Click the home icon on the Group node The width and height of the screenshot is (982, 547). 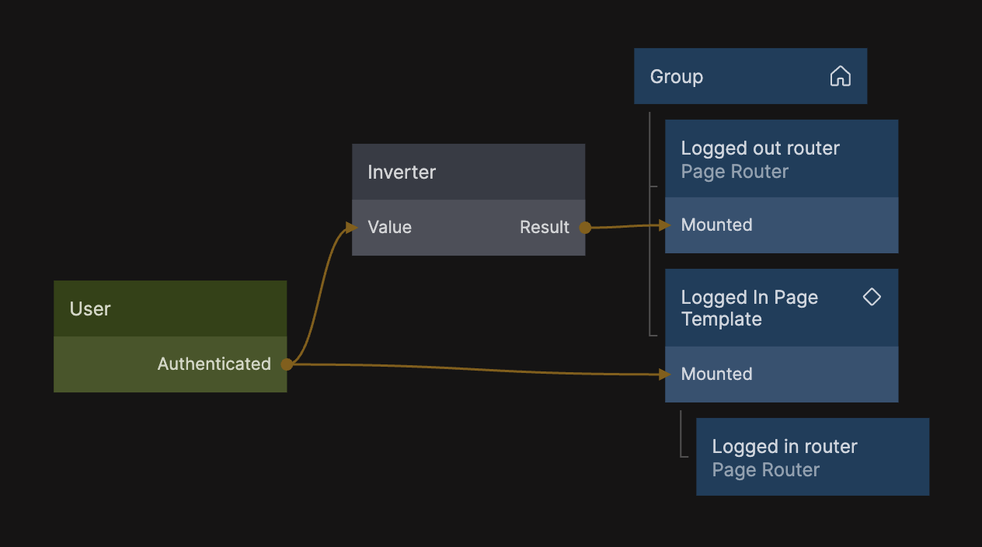click(841, 76)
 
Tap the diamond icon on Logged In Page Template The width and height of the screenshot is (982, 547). click(872, 297)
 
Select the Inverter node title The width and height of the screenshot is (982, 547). click(402, 172)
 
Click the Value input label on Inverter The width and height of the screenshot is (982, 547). click(389, 228)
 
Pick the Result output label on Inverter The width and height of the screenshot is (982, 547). click(545, 228)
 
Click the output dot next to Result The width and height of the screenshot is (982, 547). click(585, 228)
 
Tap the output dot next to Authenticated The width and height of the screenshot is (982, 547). click(287, 364)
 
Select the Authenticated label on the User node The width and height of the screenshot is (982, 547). click(214, 364)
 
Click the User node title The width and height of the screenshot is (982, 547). click(90, 309)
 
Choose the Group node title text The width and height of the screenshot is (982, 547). click(677, 77)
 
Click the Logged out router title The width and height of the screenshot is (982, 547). click(760, 148)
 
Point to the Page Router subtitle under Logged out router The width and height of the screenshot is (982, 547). click(734, 172)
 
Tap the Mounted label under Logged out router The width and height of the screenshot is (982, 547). click(716, 225)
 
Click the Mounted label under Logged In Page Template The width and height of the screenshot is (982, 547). click(716, 375)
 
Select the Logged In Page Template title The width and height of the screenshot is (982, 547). click(749, 308)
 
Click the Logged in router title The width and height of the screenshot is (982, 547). click(785, 447)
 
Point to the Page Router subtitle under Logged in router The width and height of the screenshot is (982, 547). click(765, 470)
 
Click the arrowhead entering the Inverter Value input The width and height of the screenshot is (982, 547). click(351, 227)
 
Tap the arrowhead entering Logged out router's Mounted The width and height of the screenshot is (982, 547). click(663, 225)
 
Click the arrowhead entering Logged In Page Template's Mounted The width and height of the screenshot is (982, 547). click(663, 375)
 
